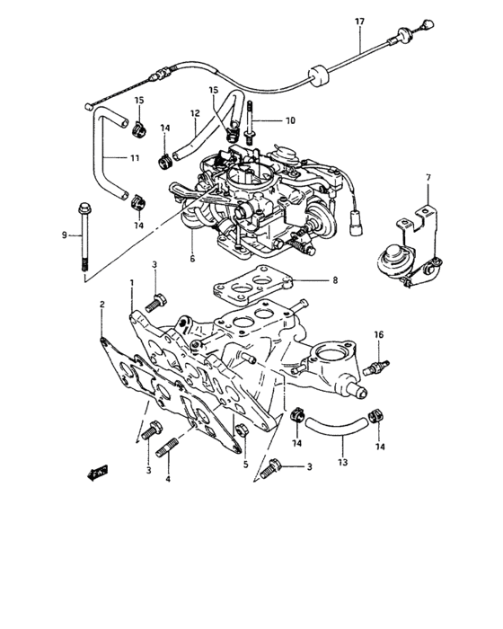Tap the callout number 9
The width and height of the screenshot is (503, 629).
pyautogui.click(x=65, y=235)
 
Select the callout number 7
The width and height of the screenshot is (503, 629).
pyautogui.click(x=428, y=178)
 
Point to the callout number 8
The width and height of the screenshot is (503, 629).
pyautogui.click(x=334, y=280)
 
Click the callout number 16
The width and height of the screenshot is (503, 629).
pyautogui.click(x=378, y=334)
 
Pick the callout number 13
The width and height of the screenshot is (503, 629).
pyautogui.click(x=342, y=463)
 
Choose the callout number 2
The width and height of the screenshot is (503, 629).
pyautogui.click(x=102, y=305)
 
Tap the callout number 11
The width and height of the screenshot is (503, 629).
pyautogui.click(x=134, y=158)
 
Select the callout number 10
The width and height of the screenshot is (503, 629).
pyautogui.click(x=290, y=120)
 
